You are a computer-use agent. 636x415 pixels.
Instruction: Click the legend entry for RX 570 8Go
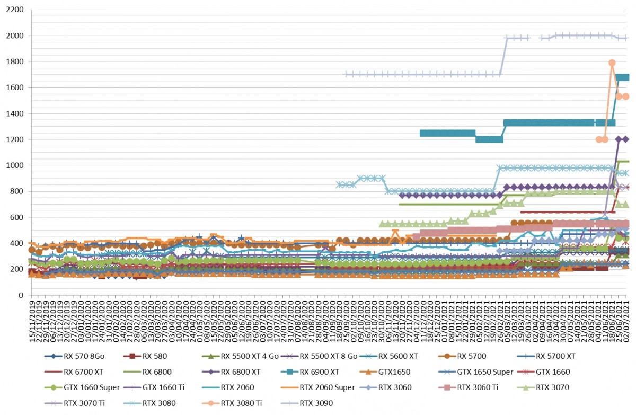74,356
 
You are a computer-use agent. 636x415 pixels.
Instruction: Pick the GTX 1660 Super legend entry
82,387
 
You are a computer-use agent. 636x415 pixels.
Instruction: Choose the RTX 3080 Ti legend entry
232,403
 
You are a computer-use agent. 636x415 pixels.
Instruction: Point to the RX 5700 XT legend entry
546,356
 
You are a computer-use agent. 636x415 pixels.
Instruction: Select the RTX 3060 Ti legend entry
468,387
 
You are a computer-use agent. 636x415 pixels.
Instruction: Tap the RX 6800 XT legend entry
231,372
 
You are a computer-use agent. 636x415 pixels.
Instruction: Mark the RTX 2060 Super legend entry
317,387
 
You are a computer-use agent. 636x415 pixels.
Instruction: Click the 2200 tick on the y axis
15,10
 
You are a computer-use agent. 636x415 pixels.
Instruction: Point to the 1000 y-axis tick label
15,165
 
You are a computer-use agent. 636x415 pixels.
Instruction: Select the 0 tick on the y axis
21,295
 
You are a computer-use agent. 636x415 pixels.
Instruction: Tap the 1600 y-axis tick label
15,87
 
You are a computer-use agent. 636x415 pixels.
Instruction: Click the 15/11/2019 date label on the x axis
32,321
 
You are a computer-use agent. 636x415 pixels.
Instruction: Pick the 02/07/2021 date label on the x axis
626,321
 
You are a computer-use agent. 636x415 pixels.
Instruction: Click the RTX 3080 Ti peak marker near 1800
612,63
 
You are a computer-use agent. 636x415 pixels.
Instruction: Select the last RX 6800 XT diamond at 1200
625,139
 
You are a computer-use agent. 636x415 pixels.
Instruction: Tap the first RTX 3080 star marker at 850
339,184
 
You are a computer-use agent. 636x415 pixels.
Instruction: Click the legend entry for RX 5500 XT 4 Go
240,356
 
